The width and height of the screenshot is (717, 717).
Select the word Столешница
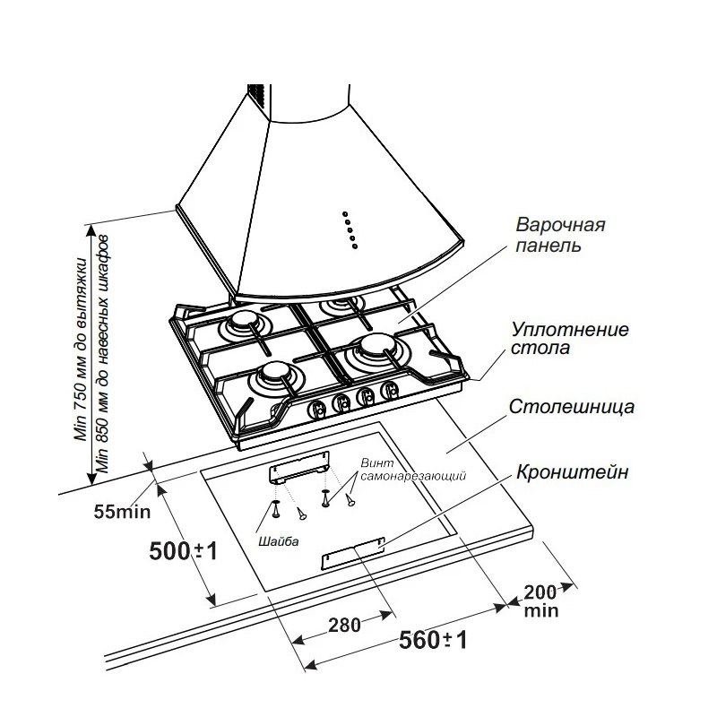572,407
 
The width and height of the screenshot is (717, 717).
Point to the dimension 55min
121,513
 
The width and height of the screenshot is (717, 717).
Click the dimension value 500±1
184,551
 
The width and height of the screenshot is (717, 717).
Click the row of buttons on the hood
350,229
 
